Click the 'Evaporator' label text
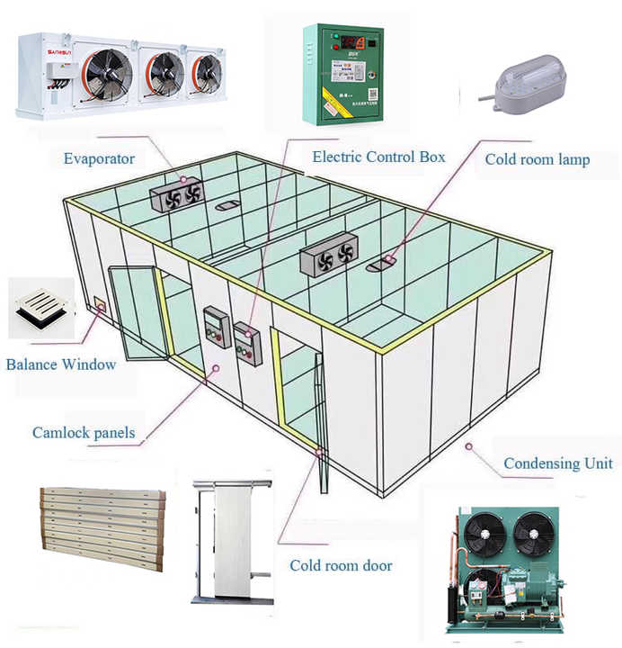tap(99, 159)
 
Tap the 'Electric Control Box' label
tap(378, 157)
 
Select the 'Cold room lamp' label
tap(538, 159)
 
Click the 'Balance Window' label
tap(60, 364)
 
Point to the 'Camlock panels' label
tap(84, 433)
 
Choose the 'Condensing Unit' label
tap(557, 463)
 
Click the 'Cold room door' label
tap(341, 566)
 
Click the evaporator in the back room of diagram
tap(177, 193)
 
